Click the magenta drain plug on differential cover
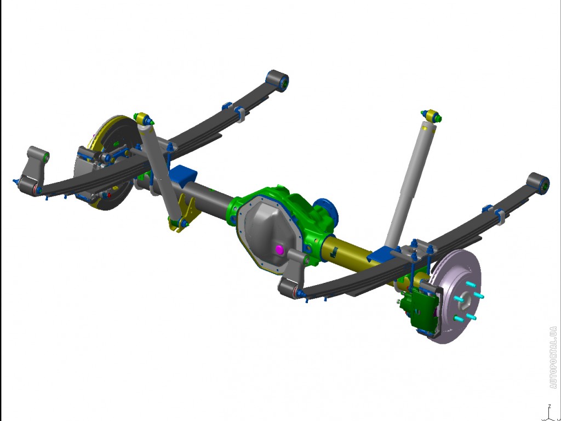[279, 249]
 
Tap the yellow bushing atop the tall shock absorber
[432, 116]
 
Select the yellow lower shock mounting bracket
[184, 212]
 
